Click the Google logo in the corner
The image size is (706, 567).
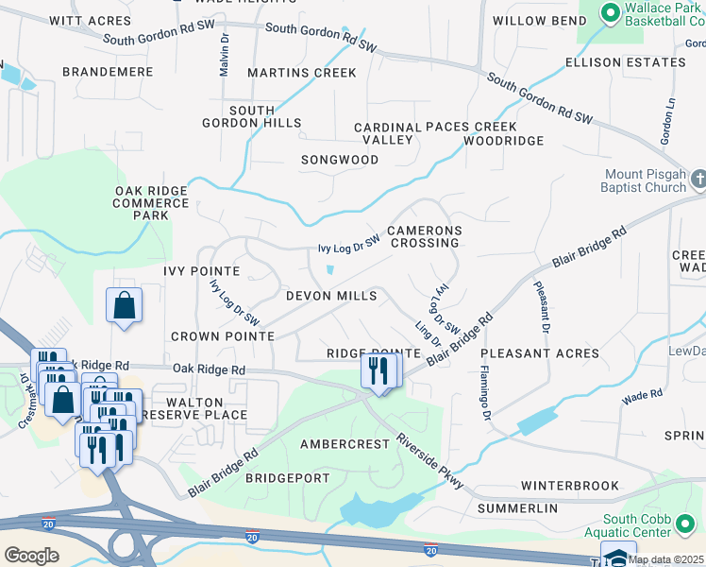(31, 556)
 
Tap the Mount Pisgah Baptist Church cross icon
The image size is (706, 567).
(698, 179)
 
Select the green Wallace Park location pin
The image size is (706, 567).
(609, 12)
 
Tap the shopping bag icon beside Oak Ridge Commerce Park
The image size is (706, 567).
(124, 306)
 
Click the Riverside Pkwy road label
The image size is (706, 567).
(430, 460)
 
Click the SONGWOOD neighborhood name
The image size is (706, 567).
(340, 160)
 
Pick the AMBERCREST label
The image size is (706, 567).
(345, 443)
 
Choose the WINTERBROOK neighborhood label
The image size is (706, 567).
(570, 486)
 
